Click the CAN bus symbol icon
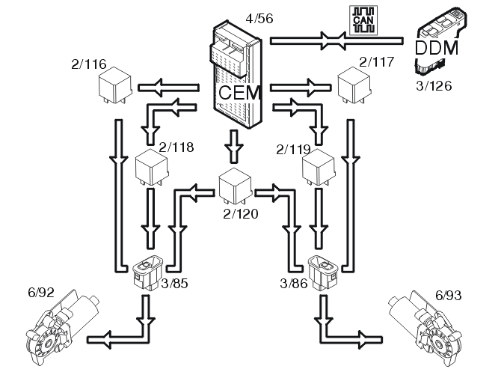(364, 18)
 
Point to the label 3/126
(434, 86)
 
